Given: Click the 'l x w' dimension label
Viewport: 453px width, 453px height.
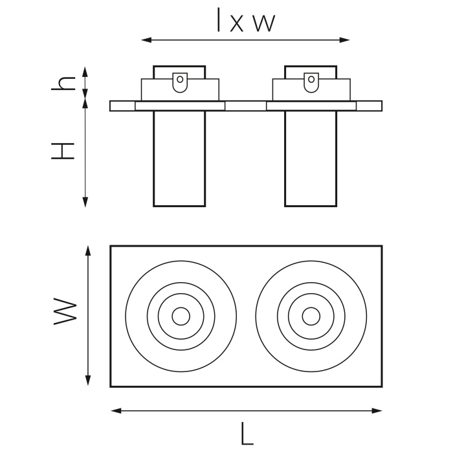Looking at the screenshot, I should (245, 22).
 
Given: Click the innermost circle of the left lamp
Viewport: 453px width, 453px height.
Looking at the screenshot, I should (181, 316).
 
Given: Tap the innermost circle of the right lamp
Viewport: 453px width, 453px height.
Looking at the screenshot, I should (311, 316).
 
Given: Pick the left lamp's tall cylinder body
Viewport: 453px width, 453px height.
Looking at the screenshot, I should (179, 159).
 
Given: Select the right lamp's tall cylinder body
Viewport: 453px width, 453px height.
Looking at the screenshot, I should (311, 159).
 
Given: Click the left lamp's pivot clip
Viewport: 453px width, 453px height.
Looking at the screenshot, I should (180, 82).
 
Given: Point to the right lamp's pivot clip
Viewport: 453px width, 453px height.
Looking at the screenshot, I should (311, 82).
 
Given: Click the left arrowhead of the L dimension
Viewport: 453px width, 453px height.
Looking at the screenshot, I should (115, 410).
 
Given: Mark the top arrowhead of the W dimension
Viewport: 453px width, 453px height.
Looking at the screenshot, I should (88, 250).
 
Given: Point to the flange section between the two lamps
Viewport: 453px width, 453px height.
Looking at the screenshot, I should (246, 106).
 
